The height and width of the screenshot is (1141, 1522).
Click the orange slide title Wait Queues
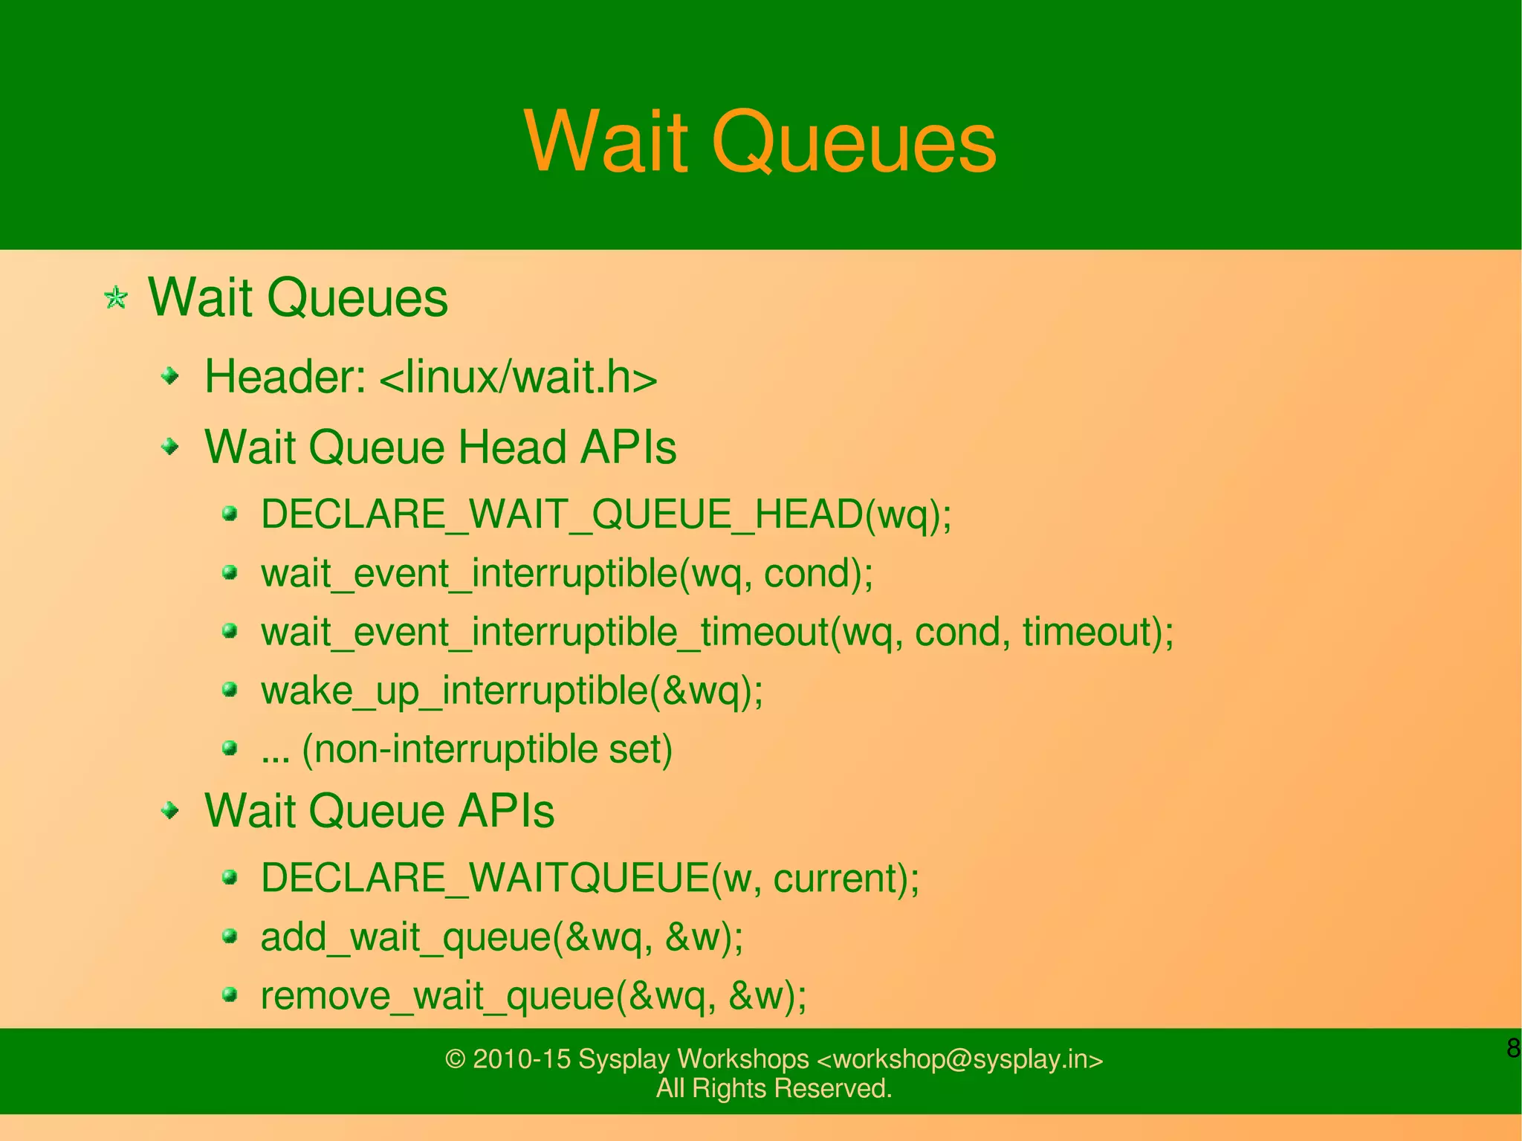tap(760, 141)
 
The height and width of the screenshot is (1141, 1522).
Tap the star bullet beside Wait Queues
tap(116, 299)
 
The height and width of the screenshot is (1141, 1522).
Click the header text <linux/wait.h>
tap(518, 377)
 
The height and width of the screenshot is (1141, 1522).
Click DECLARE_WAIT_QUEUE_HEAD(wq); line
tap(606, 514)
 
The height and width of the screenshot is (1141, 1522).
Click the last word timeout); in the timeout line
tap(1097, 633)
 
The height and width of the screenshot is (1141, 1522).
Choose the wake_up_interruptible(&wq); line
tap(511, 691)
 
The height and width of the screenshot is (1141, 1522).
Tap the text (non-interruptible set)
tap(487, 749)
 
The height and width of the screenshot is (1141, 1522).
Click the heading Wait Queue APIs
tap(379, 810)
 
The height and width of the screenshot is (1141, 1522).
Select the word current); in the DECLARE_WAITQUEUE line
tap(846, 879)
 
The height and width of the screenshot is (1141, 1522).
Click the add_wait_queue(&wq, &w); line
tap(502, 937)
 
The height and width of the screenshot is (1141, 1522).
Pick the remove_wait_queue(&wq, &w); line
tap(533, 995)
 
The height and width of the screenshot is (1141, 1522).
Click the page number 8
tap(1512, 1048)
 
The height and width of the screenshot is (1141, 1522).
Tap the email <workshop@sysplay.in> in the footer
tap(959, 1059)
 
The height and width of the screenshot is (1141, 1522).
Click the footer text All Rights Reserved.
tap(774, 1088)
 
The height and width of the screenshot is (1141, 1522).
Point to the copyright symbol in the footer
tap(455, 1059)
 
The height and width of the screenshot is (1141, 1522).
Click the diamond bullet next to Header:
tap(171, 377)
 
